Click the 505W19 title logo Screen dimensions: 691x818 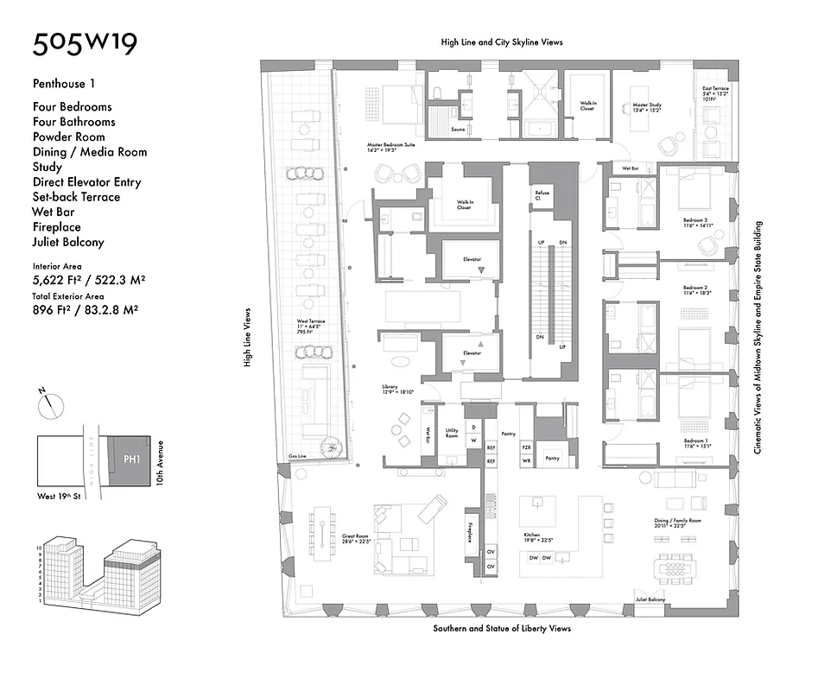(85, 45)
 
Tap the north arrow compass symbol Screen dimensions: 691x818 (53, 401)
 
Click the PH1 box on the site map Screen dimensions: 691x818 (131, 460)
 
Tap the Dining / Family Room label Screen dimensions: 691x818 (678, 522)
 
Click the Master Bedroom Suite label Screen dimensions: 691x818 (390, 145)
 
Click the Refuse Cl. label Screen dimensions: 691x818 (542, 194)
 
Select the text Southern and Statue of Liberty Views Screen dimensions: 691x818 (502, 629)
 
